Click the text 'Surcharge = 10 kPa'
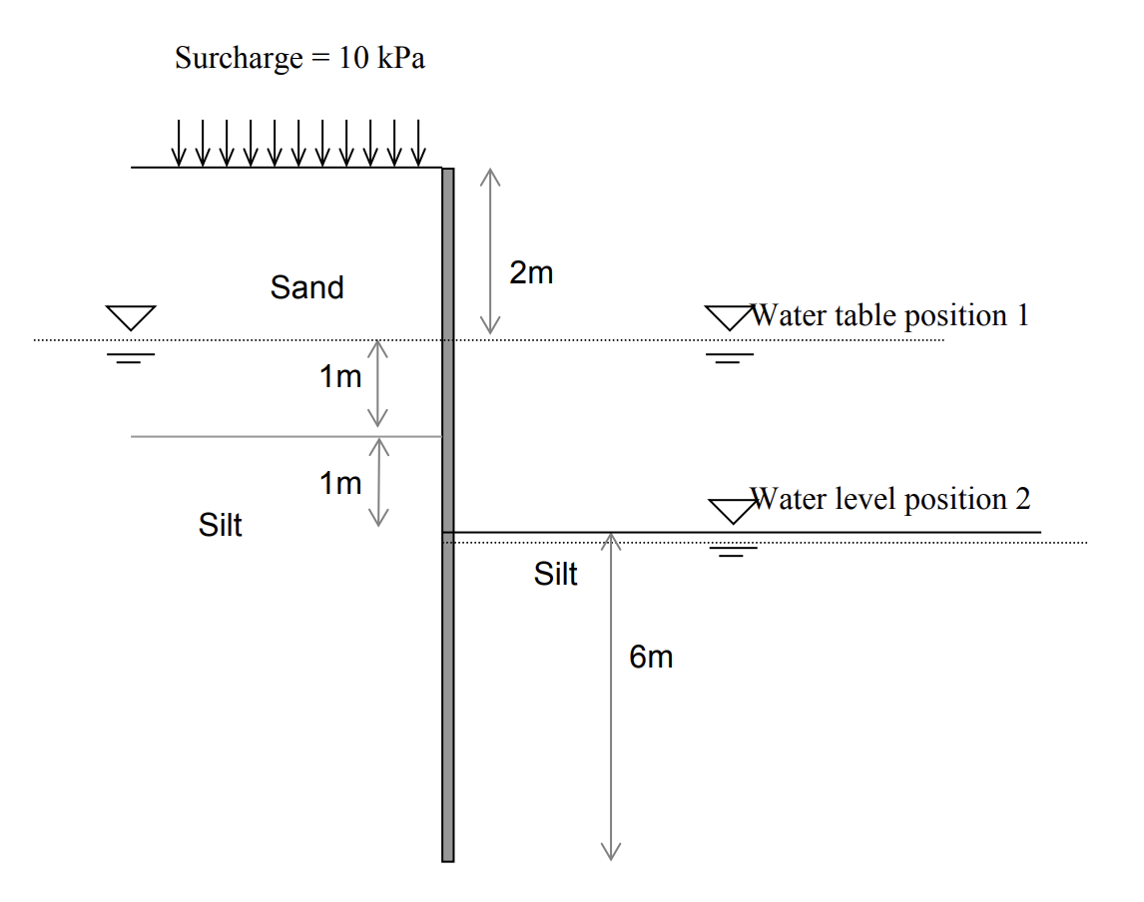[x=299, y=58]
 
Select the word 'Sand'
[x=306, y=288]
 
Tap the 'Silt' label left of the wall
[x=221, y=525]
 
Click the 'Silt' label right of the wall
[x=556, y=574]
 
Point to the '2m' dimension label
[x=531, y=273]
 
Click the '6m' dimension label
[x=651, y=657]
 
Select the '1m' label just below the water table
[x=340, y=377]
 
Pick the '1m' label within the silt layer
[x=340, y=484]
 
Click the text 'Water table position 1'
[x=889, y=316]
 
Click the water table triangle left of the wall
[x=132, y=318]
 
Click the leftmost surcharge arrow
[x=179, y=143]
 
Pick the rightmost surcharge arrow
[x=419, y=143]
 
